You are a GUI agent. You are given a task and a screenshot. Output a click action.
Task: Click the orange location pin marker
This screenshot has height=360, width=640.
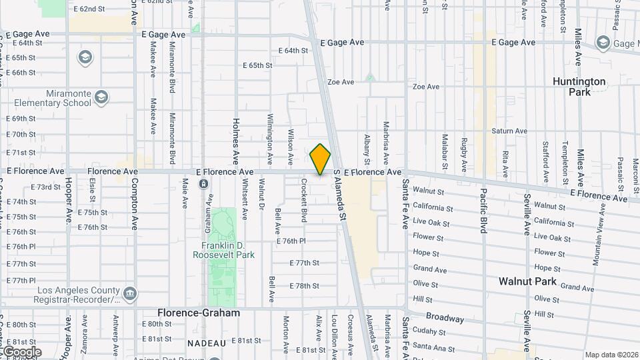pos(320,159)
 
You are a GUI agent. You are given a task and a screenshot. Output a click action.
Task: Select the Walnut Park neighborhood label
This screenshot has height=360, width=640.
pos(527,282)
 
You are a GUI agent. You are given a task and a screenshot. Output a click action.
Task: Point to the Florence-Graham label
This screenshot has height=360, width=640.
pos(198,313)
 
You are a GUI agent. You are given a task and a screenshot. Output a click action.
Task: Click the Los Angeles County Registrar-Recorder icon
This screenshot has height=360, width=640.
pos(130,292)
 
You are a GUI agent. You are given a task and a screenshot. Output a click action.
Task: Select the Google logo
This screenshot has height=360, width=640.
pos(21,351)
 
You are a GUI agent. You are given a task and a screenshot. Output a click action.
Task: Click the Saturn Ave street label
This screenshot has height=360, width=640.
pos(510,131)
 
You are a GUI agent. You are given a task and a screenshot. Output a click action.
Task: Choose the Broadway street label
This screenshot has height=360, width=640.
pos(444,319)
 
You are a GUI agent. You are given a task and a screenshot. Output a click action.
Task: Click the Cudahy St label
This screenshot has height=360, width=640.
pos(429,332)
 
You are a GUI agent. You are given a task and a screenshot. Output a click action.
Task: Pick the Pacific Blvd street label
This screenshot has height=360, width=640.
pos(483,211)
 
